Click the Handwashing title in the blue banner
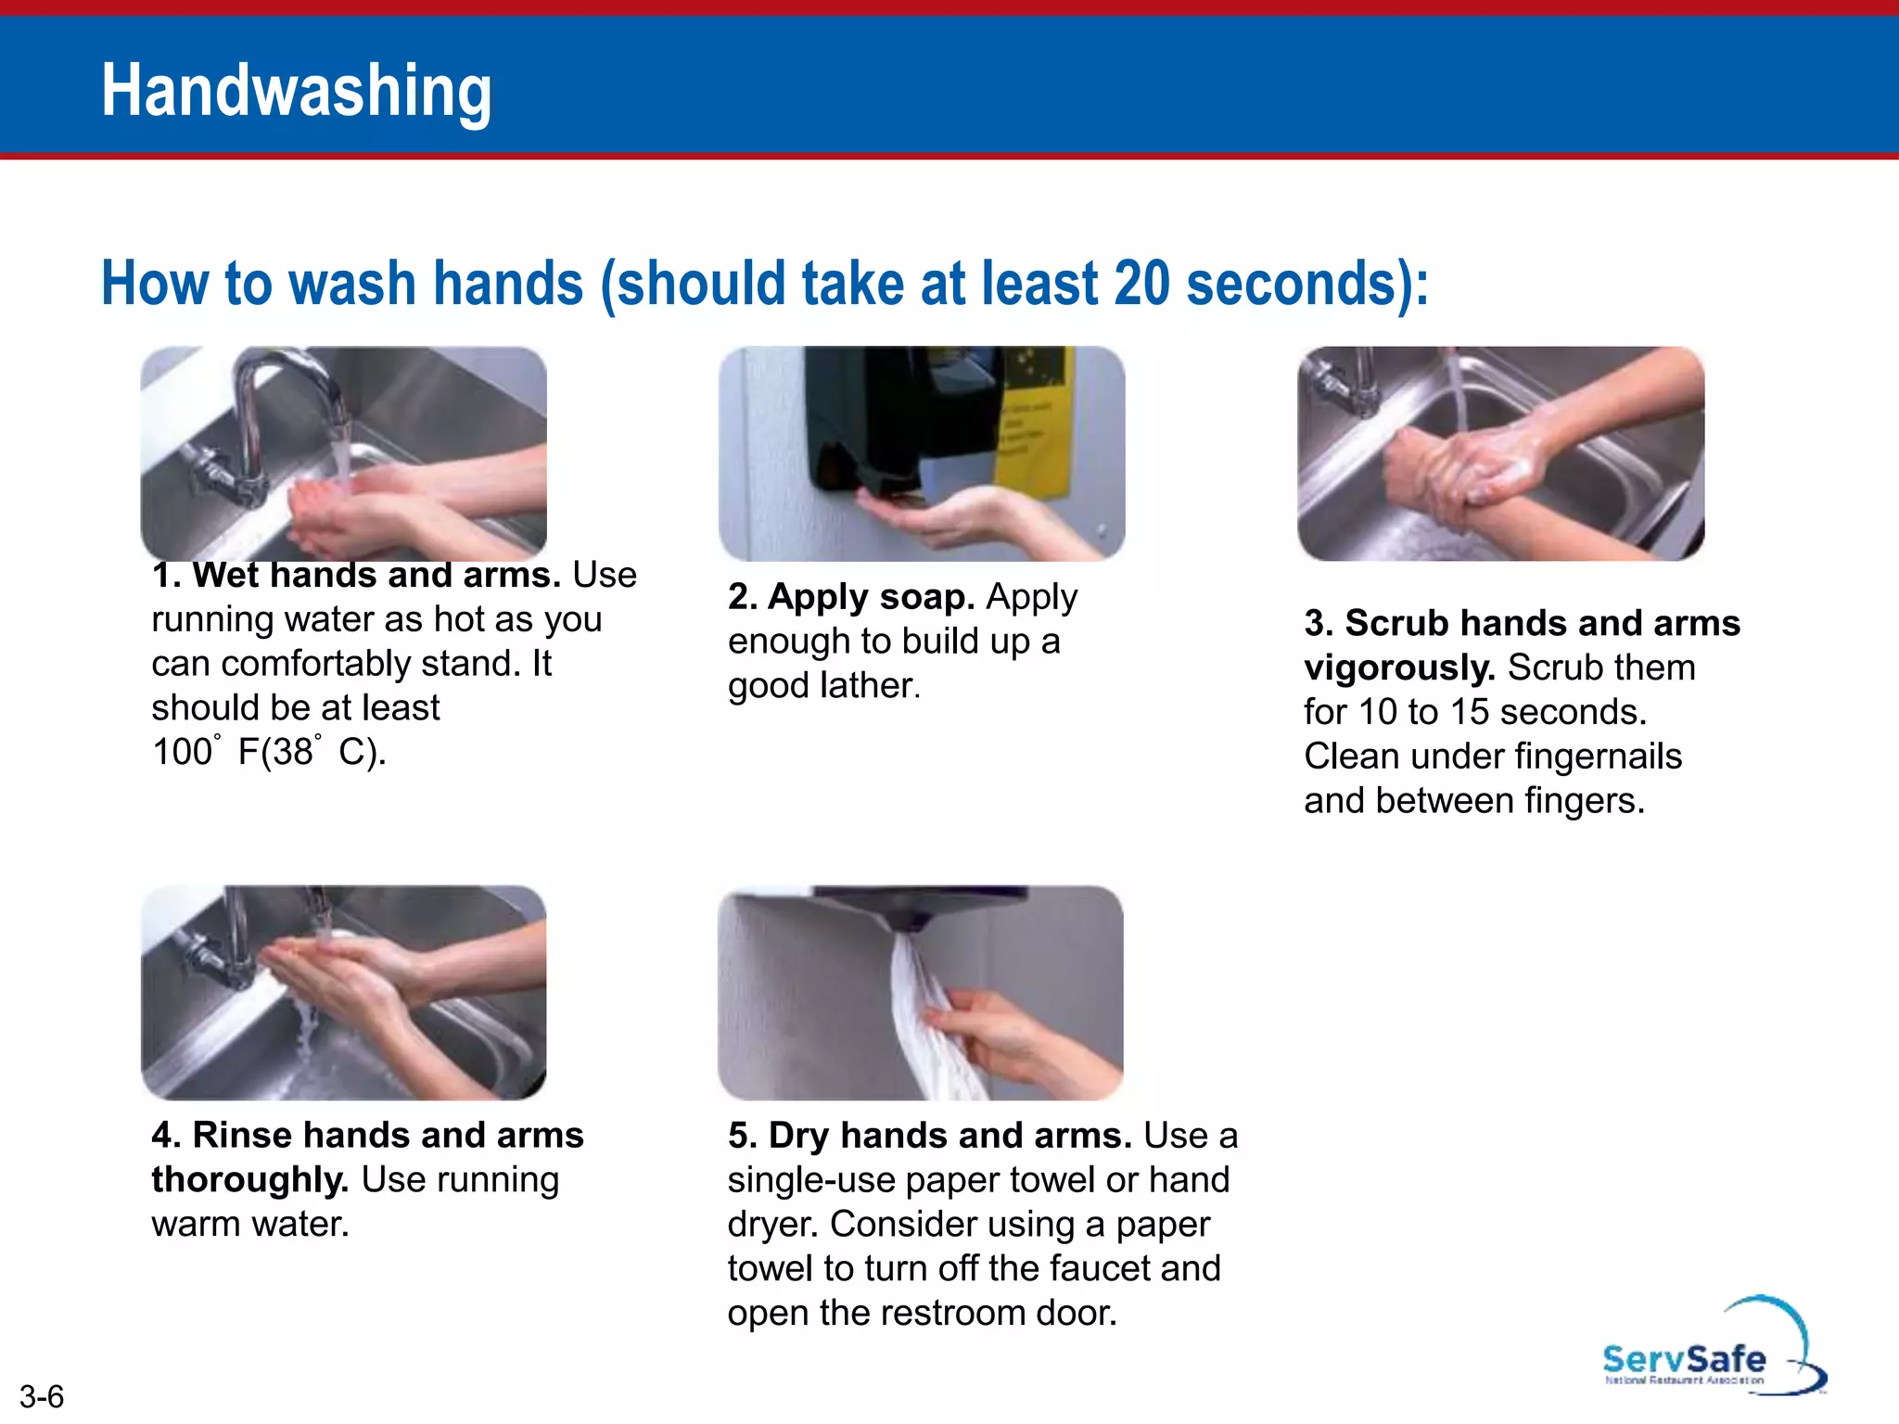(297, 91)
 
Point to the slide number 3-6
(42, 1396)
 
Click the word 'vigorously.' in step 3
(1399, 667)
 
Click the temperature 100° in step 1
(185, 751)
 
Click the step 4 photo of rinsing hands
(343, 992)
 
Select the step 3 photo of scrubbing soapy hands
(1500, 453)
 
